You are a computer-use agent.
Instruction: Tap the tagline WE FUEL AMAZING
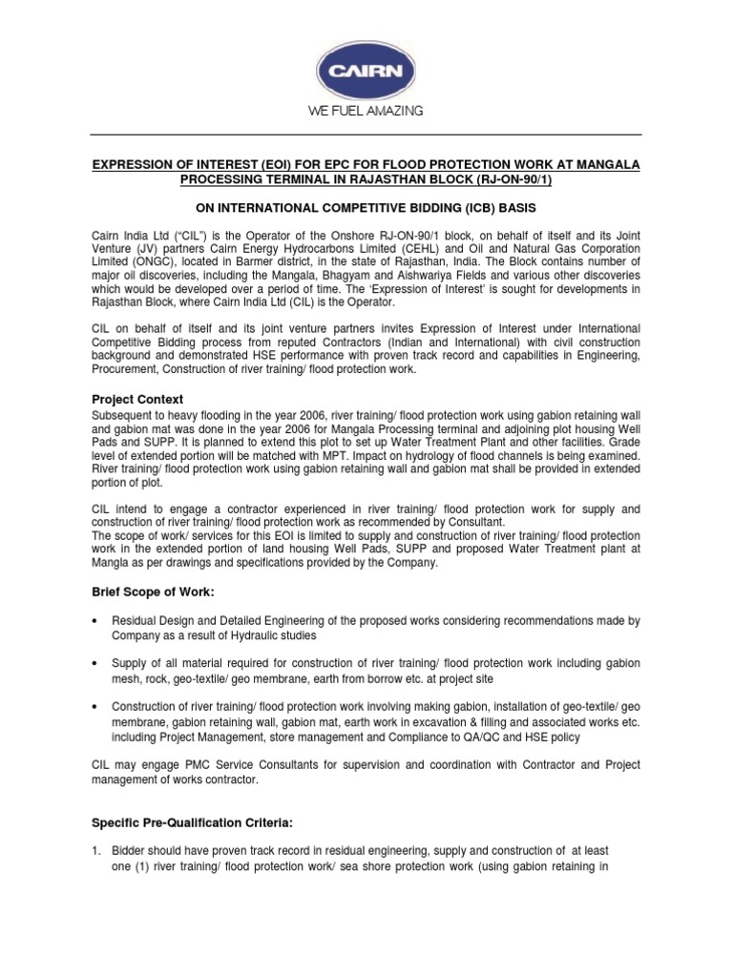tap(366, 112)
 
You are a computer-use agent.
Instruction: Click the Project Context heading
tap(137, 399)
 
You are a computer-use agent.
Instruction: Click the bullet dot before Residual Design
tap(95, 621)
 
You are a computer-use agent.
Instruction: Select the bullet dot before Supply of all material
tap(95, 663)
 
